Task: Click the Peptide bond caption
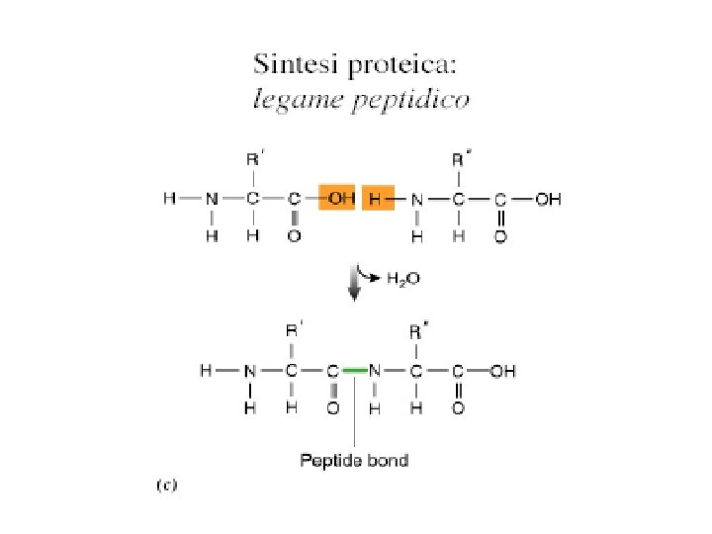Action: point(354,459)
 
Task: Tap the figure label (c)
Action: point(165,485)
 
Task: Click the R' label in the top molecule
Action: point(254,157)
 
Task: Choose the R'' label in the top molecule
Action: point(460,157)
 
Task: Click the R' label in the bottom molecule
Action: point(294,329)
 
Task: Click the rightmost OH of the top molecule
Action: point(548,200)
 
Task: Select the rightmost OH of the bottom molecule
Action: point(503,372)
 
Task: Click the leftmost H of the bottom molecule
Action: point(206,372)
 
